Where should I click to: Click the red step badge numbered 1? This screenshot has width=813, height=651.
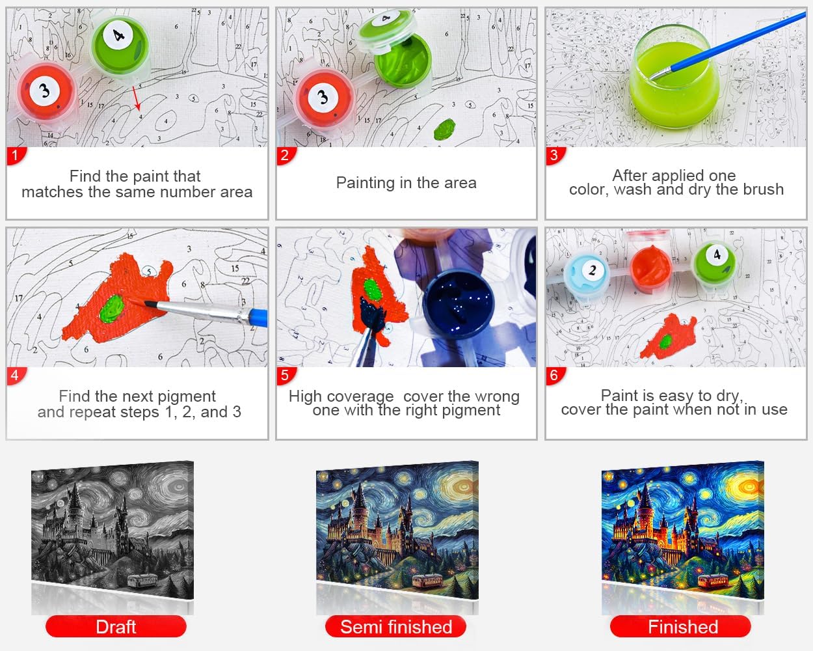point(16,156)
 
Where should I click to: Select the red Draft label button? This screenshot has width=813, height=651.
point(116,627)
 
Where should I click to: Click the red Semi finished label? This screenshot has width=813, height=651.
point(396,627)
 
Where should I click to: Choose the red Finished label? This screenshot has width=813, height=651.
point(680,627)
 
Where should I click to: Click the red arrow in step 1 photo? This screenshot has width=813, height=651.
point(137,98)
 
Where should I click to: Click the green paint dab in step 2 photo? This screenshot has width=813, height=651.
point(444,129)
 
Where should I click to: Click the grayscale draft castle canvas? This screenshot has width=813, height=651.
point(113,529)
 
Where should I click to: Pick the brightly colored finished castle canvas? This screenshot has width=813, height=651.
point(683,529)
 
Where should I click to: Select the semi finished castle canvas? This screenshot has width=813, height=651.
point(397,529)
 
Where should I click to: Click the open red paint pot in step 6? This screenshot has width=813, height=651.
point(650,265)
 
